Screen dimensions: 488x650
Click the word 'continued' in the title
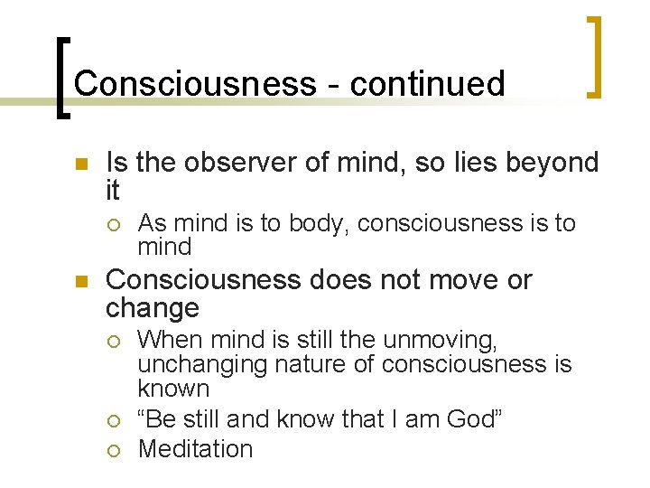pyautogui.click(x=427, y=83)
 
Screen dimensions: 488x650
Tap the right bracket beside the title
pyautogui.click(x=594, y=56)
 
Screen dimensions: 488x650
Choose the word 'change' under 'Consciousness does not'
pyautogui.click(x=152, y=308)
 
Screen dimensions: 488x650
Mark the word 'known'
pyautogui.click(x=173, y=389)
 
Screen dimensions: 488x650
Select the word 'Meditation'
pyautogui.click(x=195, y=448)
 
